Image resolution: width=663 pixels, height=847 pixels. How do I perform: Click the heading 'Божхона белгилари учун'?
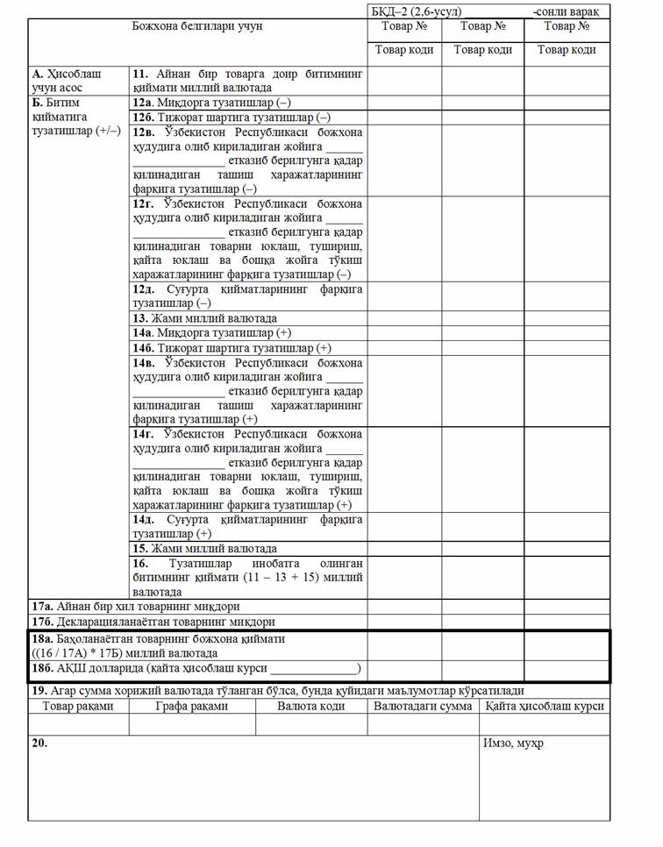197,26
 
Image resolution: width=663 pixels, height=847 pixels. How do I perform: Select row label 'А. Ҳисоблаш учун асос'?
67,81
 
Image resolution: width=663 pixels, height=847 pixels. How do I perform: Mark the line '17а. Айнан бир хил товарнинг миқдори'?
136,606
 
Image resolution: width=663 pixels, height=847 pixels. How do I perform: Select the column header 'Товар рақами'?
78,706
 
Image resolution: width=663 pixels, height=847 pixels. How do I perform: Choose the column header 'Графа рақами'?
192,706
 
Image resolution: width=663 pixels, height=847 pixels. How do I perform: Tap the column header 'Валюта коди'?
311,706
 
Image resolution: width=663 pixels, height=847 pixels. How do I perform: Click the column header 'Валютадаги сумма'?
423,706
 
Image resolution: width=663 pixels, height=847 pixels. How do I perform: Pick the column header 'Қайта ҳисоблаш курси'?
545,706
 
